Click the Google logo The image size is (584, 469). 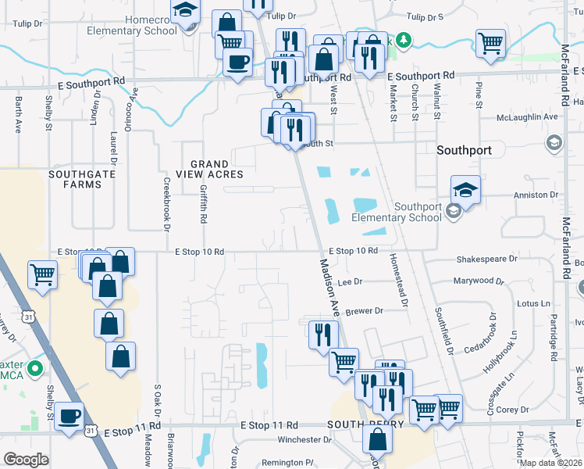(26, 459)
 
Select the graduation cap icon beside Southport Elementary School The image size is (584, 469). (465, 189)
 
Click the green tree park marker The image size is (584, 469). (403, 39)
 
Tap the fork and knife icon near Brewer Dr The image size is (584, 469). (323, 335)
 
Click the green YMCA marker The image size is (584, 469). (34, 367)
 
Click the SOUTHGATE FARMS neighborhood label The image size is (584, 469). (76, 179)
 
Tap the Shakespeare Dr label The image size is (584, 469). (486, 258)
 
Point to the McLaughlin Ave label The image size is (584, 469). (527, 116)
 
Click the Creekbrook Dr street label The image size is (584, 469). (166, 205)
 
